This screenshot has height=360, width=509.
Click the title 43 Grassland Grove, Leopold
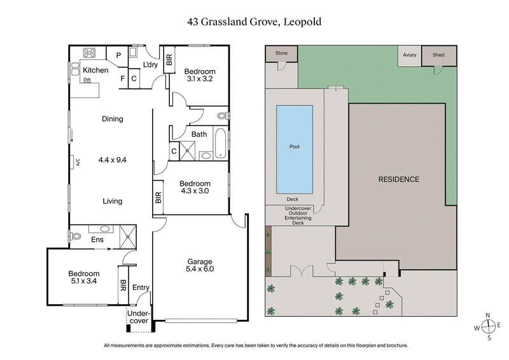(x=254, y=21)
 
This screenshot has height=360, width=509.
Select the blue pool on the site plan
(x=294, y=149)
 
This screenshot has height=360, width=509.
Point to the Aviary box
(x=409, y=55)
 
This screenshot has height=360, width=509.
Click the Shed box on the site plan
(x=439, y=55)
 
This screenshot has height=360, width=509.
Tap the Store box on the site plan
(x=281, y=53)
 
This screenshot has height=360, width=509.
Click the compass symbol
(x=488, y=326)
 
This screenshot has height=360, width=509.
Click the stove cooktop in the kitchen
(x=90, y=53)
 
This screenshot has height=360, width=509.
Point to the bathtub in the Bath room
(x=220, y=143)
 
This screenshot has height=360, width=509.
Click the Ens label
(x=97, y=240)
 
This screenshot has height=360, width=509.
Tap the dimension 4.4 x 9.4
(x=113, y=160)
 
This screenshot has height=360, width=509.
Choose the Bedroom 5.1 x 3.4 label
(x=84, y=277)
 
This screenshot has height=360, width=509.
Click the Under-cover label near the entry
(x=138, y=317)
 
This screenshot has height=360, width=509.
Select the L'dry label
(x=150, y=66)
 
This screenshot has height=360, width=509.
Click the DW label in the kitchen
(x=87, y=80)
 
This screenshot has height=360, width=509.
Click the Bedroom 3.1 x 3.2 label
(x=200, y=75)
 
